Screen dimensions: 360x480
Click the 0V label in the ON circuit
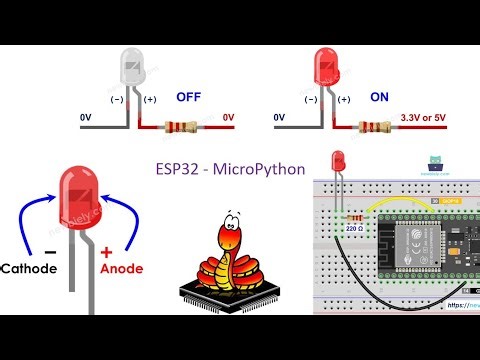[281, 117]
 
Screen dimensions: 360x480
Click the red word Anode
[128, 268]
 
